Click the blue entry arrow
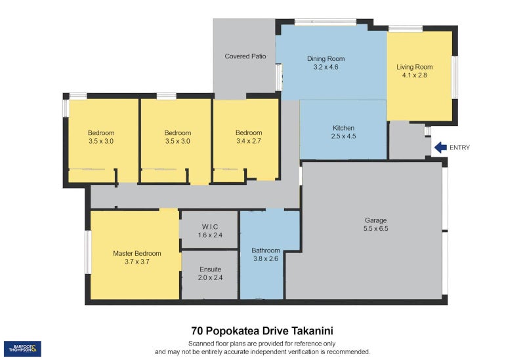440,147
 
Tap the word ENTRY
459,148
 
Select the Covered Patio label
245,56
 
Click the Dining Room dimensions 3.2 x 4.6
325,67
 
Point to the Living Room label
415,67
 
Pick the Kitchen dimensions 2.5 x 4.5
343,136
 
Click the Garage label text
375,220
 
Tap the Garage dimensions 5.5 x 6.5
375,229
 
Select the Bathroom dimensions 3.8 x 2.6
266,258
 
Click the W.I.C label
210,227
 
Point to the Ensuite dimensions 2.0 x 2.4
210,277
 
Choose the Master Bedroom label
137,254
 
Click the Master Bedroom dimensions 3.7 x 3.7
137,262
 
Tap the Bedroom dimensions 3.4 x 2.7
249,141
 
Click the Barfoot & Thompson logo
22,349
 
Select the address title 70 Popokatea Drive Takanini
262,331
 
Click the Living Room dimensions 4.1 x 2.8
415,75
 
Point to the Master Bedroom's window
88,252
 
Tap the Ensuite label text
210,270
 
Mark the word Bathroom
266,250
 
